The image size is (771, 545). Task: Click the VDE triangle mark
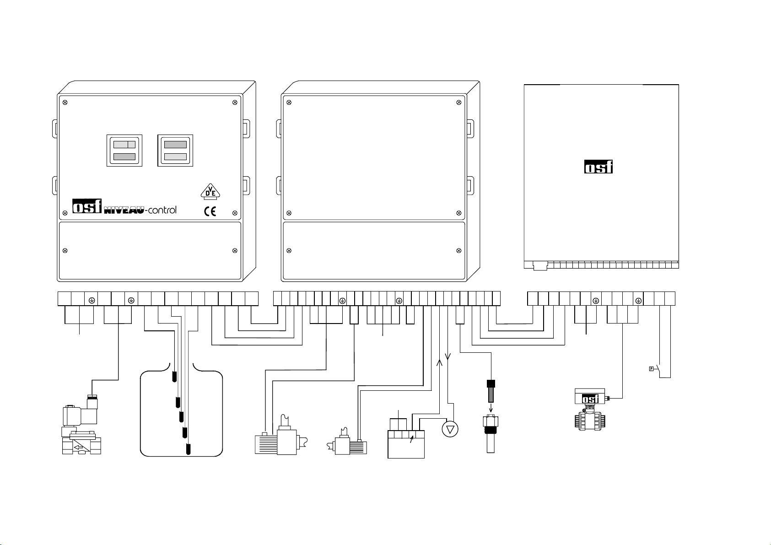(x=210, y=192)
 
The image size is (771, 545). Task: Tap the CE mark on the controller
(x=210, y=211)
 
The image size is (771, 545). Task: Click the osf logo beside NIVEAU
(x=87, y=206)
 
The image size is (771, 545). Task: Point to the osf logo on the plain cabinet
(x=598, y=167)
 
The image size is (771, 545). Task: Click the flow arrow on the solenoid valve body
(x=79, y=448)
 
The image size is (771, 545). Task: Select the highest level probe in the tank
(x=174, y=377)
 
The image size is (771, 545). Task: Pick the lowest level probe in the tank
(x=188, y=449)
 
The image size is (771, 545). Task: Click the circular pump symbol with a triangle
(x=450, y=429)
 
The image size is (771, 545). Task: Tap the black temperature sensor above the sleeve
(x=491, y=391)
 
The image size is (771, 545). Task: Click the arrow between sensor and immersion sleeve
(x=491, y=408)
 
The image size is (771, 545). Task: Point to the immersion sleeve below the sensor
(x=491, y=434)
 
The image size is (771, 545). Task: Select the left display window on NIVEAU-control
(x=124, y=151)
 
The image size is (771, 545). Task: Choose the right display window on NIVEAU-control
(x=175, y=151)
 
